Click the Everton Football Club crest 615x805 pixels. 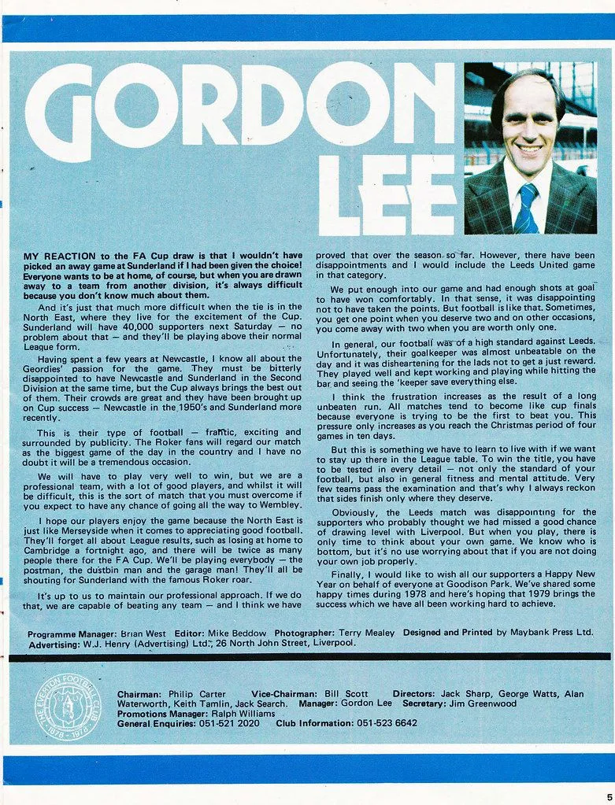pyautogui.click(x=68, y=706)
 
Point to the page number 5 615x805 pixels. pyautogui.click(x=609, y=796)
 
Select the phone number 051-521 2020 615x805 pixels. pyautogui.click(x=228, y=723)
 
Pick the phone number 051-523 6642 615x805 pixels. pyautogui.click(x=387, y=723)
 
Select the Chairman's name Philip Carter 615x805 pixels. pyautogui.click(x=197, y=694)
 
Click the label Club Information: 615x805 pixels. pyautogui.click(x=313, y=723)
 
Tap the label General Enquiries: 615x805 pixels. pyautogui.click(x=155, y=723)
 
